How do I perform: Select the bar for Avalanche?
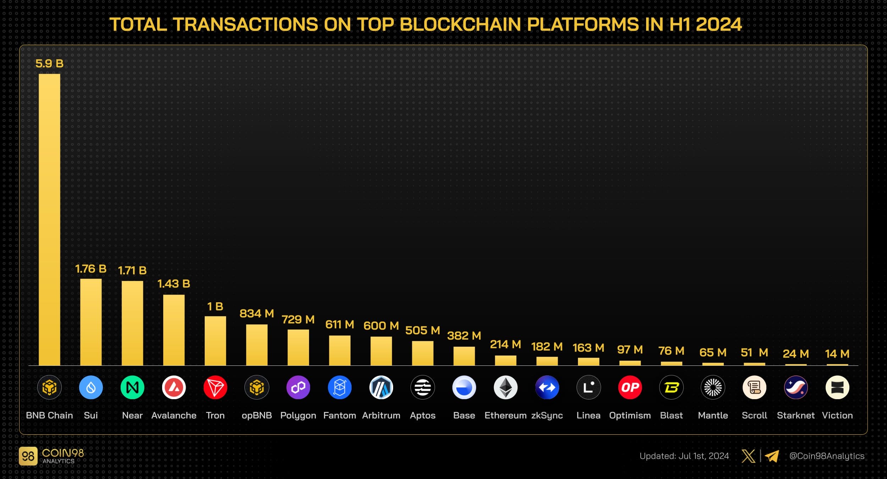click(174, 330)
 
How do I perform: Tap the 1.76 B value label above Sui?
click(91, 269)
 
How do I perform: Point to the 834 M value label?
click(257, 314)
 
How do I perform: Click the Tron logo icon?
click(215, 387)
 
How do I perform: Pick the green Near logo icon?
click(132, 387)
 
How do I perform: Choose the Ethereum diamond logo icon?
click(506, 387)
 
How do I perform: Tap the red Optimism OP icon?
click(630, 387)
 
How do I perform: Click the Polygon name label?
click(298, 415)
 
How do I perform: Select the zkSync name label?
click(547, 415)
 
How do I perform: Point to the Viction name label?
click(837, 415)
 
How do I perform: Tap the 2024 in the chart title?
click(719, 25)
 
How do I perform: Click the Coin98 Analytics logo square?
click(28, 456)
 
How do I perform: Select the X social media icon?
click(748, 456)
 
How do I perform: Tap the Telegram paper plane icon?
click(772, 456)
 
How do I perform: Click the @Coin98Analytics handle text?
click(827, 456)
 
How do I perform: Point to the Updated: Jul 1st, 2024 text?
click(684, 456)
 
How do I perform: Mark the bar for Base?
click(464, 356)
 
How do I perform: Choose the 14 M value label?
click(837, 354)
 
